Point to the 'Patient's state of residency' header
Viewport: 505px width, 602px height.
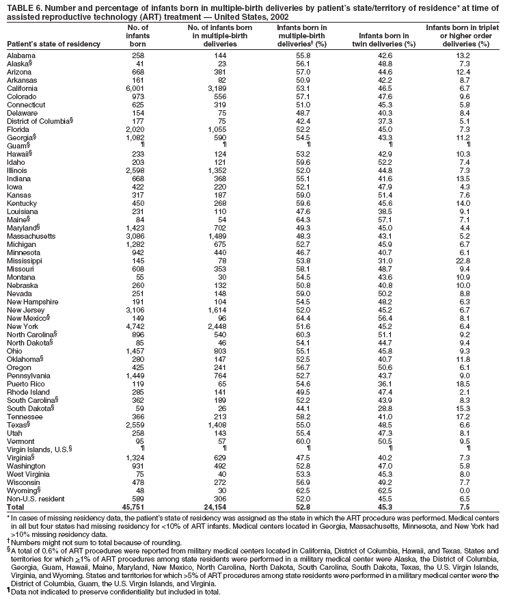[x=54, y=44]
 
